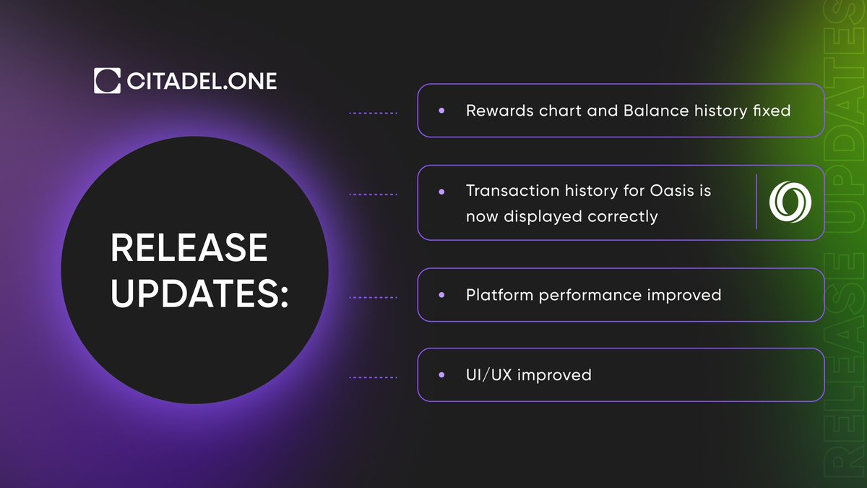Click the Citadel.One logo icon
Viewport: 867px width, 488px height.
tap(107, 81)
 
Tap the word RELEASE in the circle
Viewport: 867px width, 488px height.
tap(189, 249)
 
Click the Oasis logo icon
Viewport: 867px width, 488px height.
tap(790, 202)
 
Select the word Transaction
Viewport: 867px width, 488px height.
tap(511, 191)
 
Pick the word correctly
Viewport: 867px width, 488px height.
tap(622, 216)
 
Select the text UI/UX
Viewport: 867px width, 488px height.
tap(489, 374)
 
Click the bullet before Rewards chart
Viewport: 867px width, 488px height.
tap(441, 111)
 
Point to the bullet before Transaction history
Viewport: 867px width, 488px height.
tap(441, 192)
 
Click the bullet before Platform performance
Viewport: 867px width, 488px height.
tap(441, 295)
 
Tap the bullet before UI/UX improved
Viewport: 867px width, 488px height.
tap(441, 375)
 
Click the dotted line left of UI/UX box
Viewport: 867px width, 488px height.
tap(373, 377)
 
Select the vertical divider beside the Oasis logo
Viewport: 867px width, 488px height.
tap(756, 202)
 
